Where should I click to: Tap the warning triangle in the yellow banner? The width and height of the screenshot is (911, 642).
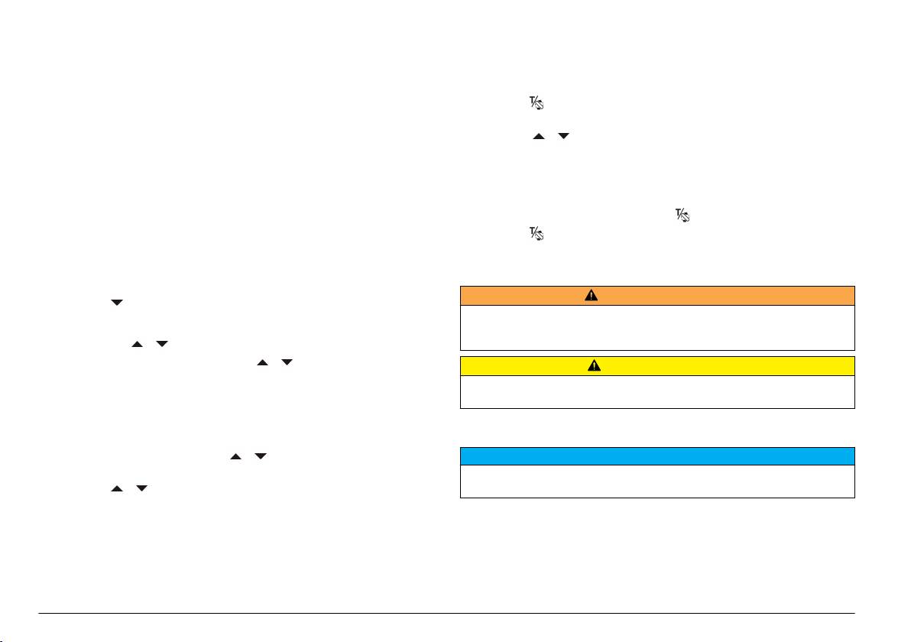593,366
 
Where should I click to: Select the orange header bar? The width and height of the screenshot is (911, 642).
657,296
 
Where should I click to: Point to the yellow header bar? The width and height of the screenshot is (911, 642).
657,366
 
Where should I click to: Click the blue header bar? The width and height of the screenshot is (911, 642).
657,456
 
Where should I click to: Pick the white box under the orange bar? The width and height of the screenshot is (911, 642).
657,328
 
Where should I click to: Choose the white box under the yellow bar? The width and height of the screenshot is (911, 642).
657,391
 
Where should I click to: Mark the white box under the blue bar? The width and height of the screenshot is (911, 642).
657,481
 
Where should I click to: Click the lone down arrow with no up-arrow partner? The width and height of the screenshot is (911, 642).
117,303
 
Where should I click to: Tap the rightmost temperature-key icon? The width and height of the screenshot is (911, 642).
682,217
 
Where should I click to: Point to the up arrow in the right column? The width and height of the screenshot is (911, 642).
538,136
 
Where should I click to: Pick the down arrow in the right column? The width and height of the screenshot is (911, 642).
564,136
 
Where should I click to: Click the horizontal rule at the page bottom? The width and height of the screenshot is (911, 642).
455,613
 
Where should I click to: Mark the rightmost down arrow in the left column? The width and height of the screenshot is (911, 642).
287,362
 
